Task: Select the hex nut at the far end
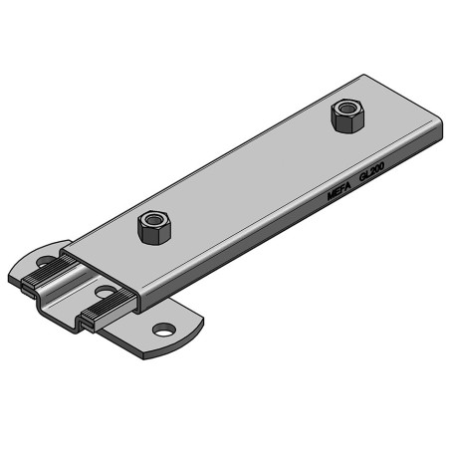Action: pyautogui.click(x=345, y=116)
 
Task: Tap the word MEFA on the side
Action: pyautogui.click(x=339, y=189)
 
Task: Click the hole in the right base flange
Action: pyautogui.click(x=162, y=329)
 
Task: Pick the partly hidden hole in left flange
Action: pyautogui.click(x=45, y=263)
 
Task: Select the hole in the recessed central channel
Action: pyautogui.click(x=105, y=293)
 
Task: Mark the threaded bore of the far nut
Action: pyautogui.click(x=345, y=108)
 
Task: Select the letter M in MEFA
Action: pyautogui.click(x=332, y=195)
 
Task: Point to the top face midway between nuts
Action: pyautogui.click(x=249, y=169)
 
